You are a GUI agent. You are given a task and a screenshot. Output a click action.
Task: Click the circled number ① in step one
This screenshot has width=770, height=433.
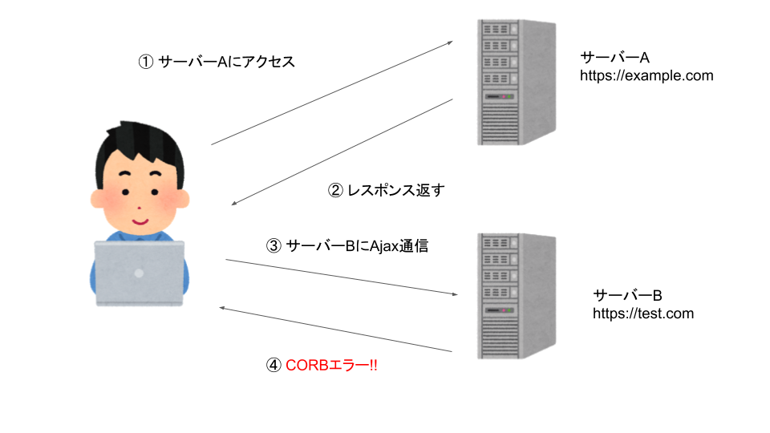tap(146, 62)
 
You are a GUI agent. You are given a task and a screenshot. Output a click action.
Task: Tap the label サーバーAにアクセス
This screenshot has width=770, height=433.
tap(227, 62)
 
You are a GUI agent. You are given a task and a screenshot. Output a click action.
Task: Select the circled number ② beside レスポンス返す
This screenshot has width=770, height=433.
tap(335, 191)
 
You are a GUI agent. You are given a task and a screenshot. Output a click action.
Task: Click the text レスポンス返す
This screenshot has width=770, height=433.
tap(395, 191)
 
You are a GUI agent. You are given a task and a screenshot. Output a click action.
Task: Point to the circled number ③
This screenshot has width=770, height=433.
tap(273, 246)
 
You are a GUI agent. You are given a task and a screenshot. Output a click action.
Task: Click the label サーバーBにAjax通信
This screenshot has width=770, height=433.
tap(357, 246)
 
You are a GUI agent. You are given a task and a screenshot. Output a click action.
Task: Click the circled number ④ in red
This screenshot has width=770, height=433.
tap(274, 365)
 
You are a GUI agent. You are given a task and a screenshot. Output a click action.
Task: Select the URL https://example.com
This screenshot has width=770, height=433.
tap(646, 76)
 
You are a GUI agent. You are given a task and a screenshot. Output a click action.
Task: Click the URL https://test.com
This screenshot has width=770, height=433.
tap(642, 314)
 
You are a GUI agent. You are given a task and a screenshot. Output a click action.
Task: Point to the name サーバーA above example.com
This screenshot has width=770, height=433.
tap(614, 58)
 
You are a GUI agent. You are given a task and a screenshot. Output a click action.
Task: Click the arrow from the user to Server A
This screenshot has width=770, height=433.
tap(332, 93)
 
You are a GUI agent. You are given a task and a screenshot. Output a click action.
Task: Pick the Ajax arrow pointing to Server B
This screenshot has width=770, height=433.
tap(341, 277)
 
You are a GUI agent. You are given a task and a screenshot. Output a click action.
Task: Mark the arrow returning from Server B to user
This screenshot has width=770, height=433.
tap(337, 330)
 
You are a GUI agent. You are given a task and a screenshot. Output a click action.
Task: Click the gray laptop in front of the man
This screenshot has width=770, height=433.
tap(139, 273)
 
